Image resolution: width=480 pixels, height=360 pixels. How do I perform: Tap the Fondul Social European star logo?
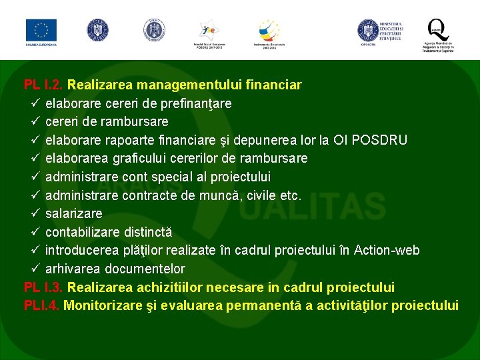[209, 31]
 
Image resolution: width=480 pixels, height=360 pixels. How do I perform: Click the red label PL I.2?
[44, 85]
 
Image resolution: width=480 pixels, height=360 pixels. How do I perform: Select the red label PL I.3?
[44, 287]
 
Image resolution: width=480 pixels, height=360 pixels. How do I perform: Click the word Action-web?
[387, 251]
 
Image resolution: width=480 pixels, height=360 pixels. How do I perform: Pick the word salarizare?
[74, 214]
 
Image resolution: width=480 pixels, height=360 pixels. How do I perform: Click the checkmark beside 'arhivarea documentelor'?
[36, 269]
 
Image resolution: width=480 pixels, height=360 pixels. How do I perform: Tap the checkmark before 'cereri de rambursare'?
[36, 122]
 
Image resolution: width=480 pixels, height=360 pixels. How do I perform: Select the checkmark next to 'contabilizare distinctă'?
[36, 232]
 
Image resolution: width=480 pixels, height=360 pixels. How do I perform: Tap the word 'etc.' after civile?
[291, 195]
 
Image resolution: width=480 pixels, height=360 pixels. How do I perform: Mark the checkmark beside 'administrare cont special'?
[36, 177]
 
